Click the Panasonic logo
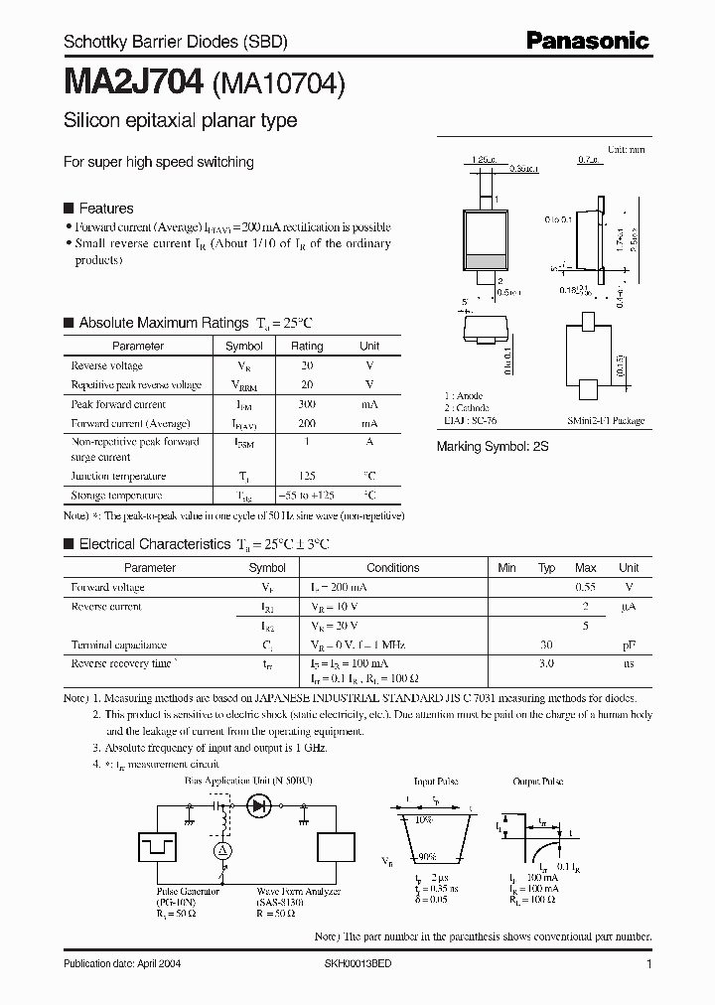click(587, 41)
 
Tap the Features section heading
click(105, 209)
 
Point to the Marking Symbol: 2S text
click(493, 447)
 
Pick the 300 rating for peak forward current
click(307, 404)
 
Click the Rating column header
click(307, 347)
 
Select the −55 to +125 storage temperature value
click(307, 495)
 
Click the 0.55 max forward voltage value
click(586, 587)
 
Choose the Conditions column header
click(393, 568)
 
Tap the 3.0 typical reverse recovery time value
click(546, 661)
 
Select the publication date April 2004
click(122, 964)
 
